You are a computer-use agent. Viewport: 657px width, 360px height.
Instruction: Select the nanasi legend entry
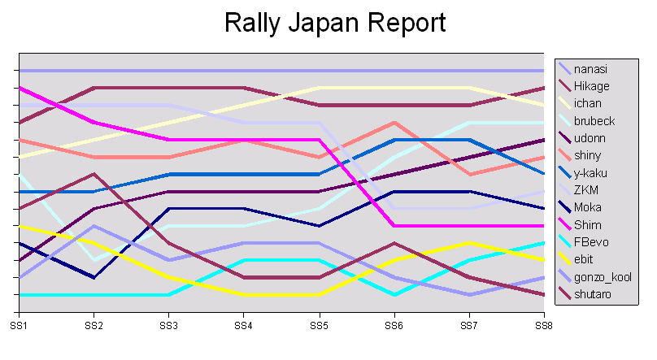[x=590, y=69]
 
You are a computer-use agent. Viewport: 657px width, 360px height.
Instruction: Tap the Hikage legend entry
[x=591, y=86]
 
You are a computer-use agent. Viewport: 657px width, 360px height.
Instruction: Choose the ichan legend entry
[x=589, y=103]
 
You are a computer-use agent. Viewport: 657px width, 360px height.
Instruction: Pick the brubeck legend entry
[x=594, y=121]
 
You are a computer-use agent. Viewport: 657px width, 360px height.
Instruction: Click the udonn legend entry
[x=590, y=138]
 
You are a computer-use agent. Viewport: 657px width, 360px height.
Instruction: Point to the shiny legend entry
[x=589, y=155]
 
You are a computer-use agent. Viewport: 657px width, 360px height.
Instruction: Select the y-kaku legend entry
[x=591, y=173]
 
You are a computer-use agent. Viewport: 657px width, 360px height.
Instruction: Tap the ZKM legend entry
[x=587, y=190]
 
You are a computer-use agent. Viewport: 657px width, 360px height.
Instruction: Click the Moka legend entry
[x=588, y=207]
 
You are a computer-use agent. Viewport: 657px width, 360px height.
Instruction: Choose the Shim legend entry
[x=588, y=225]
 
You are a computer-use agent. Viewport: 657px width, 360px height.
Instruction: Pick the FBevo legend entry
[x=590, y=242]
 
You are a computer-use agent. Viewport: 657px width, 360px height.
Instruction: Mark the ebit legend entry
[x=585, y=259]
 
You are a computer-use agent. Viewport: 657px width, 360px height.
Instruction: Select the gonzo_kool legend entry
[x=602, y=277]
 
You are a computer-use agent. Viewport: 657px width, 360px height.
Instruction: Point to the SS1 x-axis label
[x=19, y=325]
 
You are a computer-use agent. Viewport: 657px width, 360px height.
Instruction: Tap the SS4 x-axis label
[x=243, y=325]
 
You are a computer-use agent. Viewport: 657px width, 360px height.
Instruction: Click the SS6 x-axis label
[x=394, y=325]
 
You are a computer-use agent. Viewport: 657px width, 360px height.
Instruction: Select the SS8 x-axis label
[x=543, y=325]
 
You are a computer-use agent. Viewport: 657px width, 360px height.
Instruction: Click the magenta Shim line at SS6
[x=394, y=225]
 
